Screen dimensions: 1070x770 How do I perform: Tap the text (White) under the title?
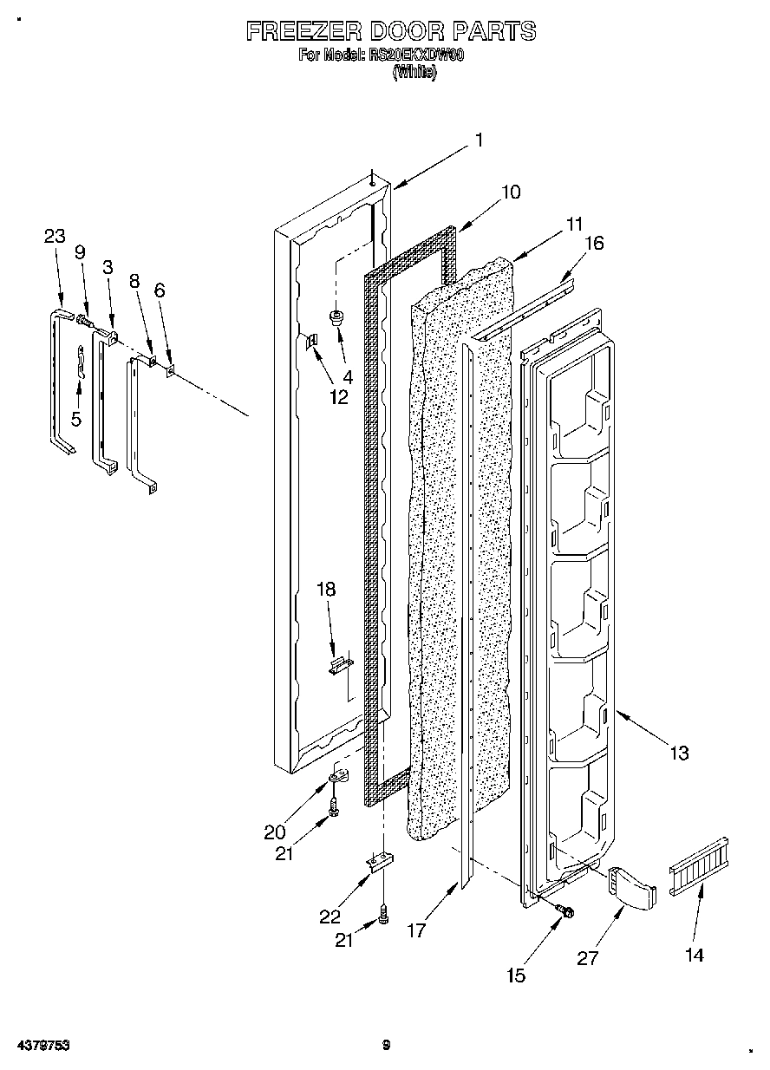click(x=414, y=73)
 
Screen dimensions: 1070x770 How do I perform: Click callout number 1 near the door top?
click(x=477, y=140)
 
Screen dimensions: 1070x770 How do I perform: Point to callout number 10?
click(x=511, y=192)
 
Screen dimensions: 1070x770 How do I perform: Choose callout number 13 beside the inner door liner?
click(x=679, y=753)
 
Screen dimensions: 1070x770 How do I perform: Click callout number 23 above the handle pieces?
click(x=55, y=236)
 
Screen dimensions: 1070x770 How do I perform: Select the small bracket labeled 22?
click(x=380, y=863)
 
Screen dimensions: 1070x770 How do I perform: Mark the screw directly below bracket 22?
click(x=382, y=913)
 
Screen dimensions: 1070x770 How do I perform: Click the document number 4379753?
click(x=42, y=1047)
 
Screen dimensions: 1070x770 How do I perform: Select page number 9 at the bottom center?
click(x=386, y=1047)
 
